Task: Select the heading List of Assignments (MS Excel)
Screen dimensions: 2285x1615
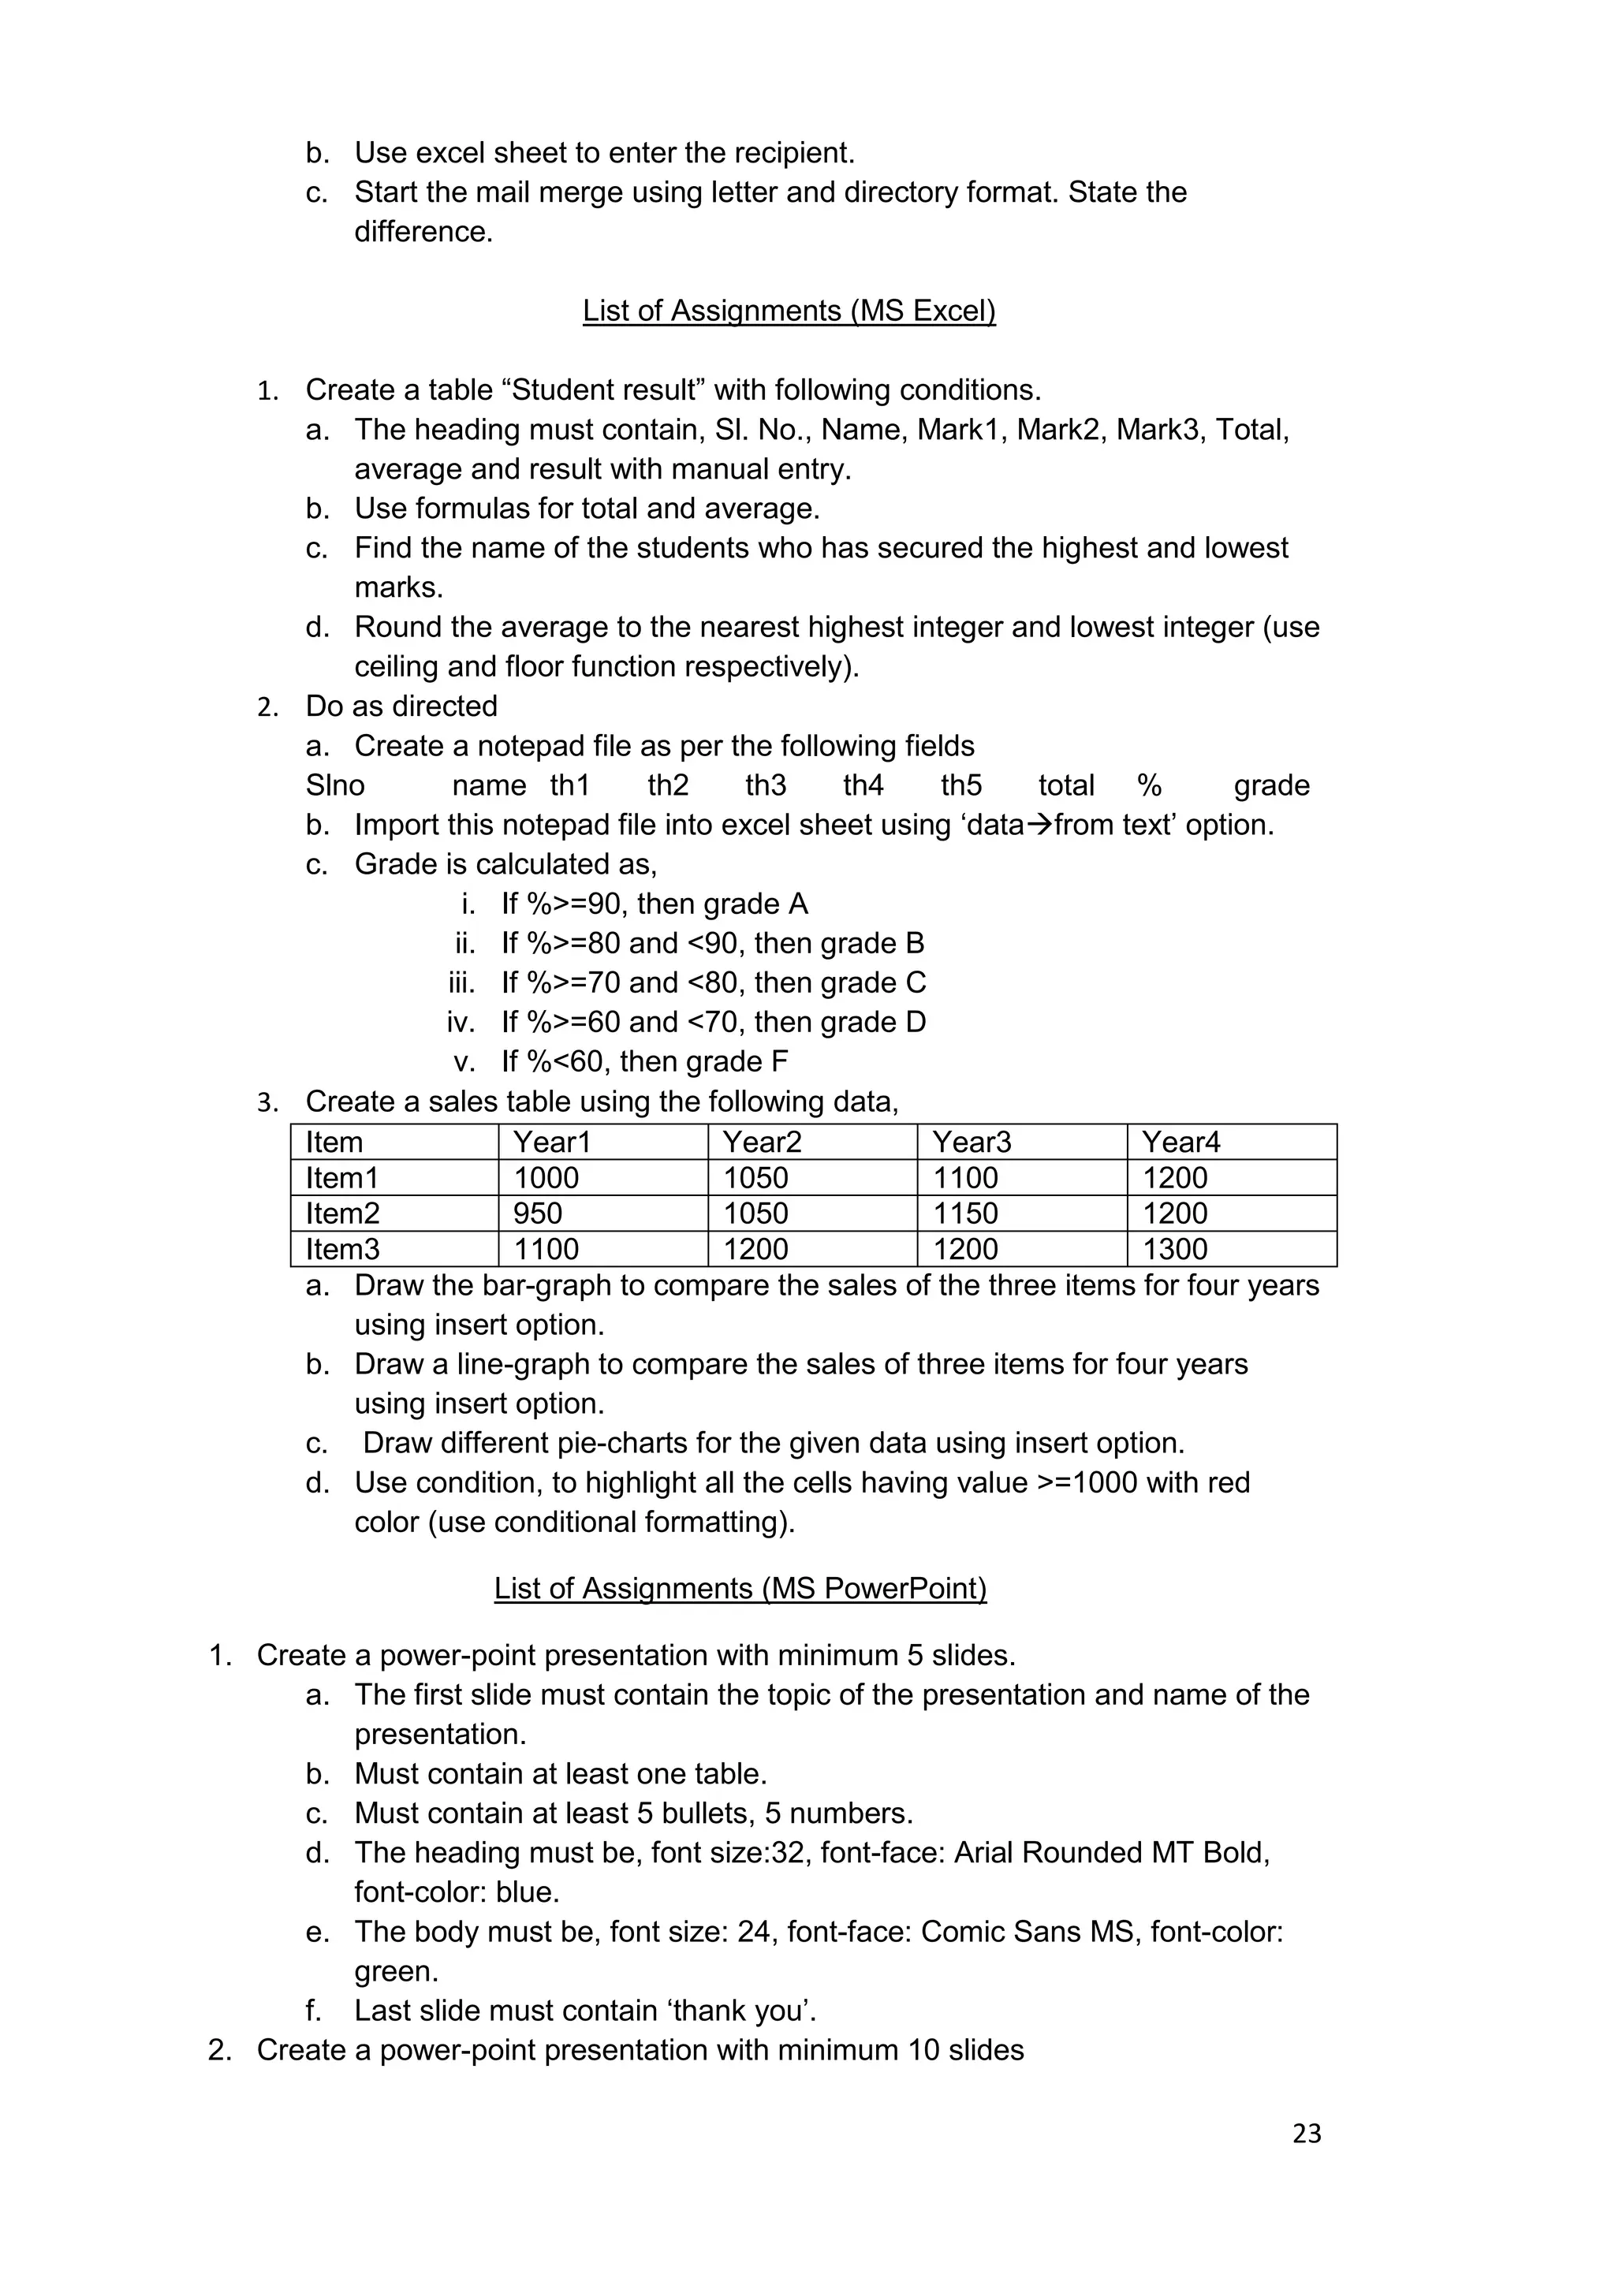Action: pyautogui.click(x=789, y=311)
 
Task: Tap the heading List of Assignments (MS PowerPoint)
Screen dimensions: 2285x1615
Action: pyautogui.click(x=740, y=1587)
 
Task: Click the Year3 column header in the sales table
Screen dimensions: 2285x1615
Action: pyautogui.click(x=972, y=1142)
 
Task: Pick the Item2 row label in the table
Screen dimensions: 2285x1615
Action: pyautogui.click(x=342, y=1213)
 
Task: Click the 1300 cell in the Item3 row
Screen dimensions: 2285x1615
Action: pyautogui.click(x=1174, y=1249)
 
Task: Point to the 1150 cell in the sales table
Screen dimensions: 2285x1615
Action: pyautogui.click(x=965, y=1213)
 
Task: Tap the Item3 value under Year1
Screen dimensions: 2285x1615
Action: pyautogui.click(x=546, y=1249)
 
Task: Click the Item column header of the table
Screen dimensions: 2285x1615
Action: pyautogui.click(x=334, y=1142)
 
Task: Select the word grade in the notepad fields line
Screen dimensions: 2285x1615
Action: pyautogui.click(x=1272, y=785)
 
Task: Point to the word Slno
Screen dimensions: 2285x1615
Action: pyautogui.click(x=335, y=785)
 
